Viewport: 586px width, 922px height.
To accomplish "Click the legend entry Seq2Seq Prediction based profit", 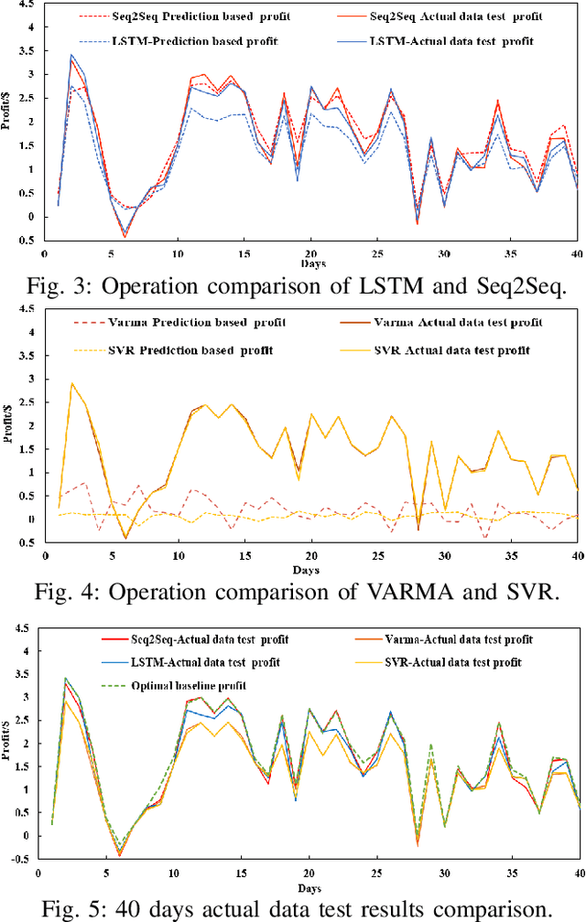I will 184,17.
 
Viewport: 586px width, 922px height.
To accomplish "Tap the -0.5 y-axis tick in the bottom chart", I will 16,858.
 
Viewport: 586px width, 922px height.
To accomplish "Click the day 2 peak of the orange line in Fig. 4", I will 71,383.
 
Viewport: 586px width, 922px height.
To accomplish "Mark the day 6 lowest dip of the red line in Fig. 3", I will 125,237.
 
